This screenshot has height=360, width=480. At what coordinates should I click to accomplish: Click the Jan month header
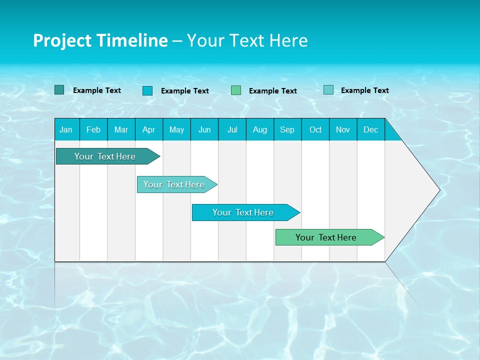click(x=66, y=129)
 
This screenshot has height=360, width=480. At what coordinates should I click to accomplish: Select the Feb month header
click(x=93, y=129)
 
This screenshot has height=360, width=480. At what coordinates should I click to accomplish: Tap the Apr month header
click(x=149, y=129)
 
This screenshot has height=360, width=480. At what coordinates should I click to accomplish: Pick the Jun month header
click(x=204, y=129)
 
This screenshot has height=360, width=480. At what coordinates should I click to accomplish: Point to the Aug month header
click(x=260, y=129)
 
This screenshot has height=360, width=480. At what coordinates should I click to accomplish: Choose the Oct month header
click(x=315, y=129)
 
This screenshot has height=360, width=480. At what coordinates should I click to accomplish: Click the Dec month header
click(x=371, y=129)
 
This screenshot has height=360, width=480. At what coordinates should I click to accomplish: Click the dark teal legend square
click(x=59, y=90)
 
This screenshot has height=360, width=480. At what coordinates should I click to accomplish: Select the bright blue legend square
click(x=147, y=90)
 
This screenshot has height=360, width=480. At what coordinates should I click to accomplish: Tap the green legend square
click(x=236, y=90)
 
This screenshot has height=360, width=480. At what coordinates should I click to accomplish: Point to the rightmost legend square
click(x=328, y=90)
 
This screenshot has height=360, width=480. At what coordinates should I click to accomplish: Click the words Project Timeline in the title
click(x=100, y=40)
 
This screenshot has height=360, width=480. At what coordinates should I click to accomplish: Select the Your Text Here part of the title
click(x=247, y=40)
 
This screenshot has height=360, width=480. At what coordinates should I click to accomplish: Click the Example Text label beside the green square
click(x=273, y=91)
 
